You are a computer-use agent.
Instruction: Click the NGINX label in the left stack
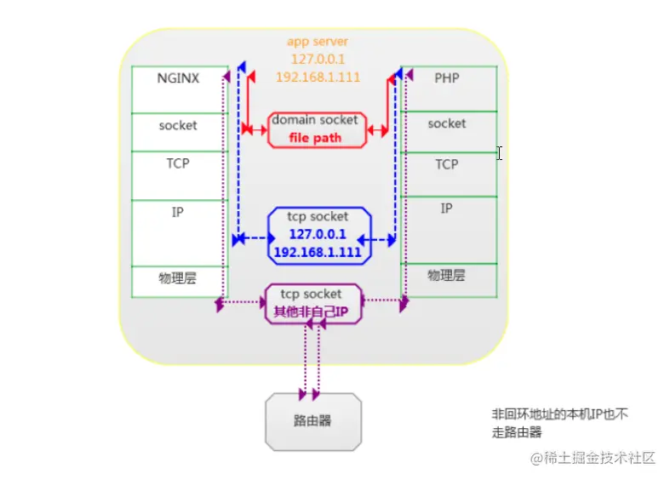[x=178, y=78]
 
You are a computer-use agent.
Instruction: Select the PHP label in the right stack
[x=446, y=78]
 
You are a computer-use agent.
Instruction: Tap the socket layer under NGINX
[x=178, y=125]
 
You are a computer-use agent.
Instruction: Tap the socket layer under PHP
[x=446, y=123]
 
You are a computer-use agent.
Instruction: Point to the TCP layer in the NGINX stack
[x=178, y=163]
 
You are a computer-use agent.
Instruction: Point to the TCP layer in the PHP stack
[x=446, y=164]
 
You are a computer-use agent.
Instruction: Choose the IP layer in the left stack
[x=178, y=212]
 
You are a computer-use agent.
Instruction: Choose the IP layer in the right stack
[x=446, y=208]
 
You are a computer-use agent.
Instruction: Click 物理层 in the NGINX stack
[x=178, y=278]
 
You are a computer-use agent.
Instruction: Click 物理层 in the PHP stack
[x=446, y=275]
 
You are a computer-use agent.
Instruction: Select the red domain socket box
[x=315, y=129]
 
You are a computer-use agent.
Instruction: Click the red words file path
[x=315, y=138]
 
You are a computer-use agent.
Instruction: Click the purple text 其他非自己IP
[x=312, y=312]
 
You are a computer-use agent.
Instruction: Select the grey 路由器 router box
[x=312, y=421]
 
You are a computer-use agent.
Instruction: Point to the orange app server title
[x=318, y=41]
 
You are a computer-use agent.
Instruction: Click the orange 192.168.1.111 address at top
[x=318, y=77]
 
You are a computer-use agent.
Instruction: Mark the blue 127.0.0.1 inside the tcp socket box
[x=318, y=234]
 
